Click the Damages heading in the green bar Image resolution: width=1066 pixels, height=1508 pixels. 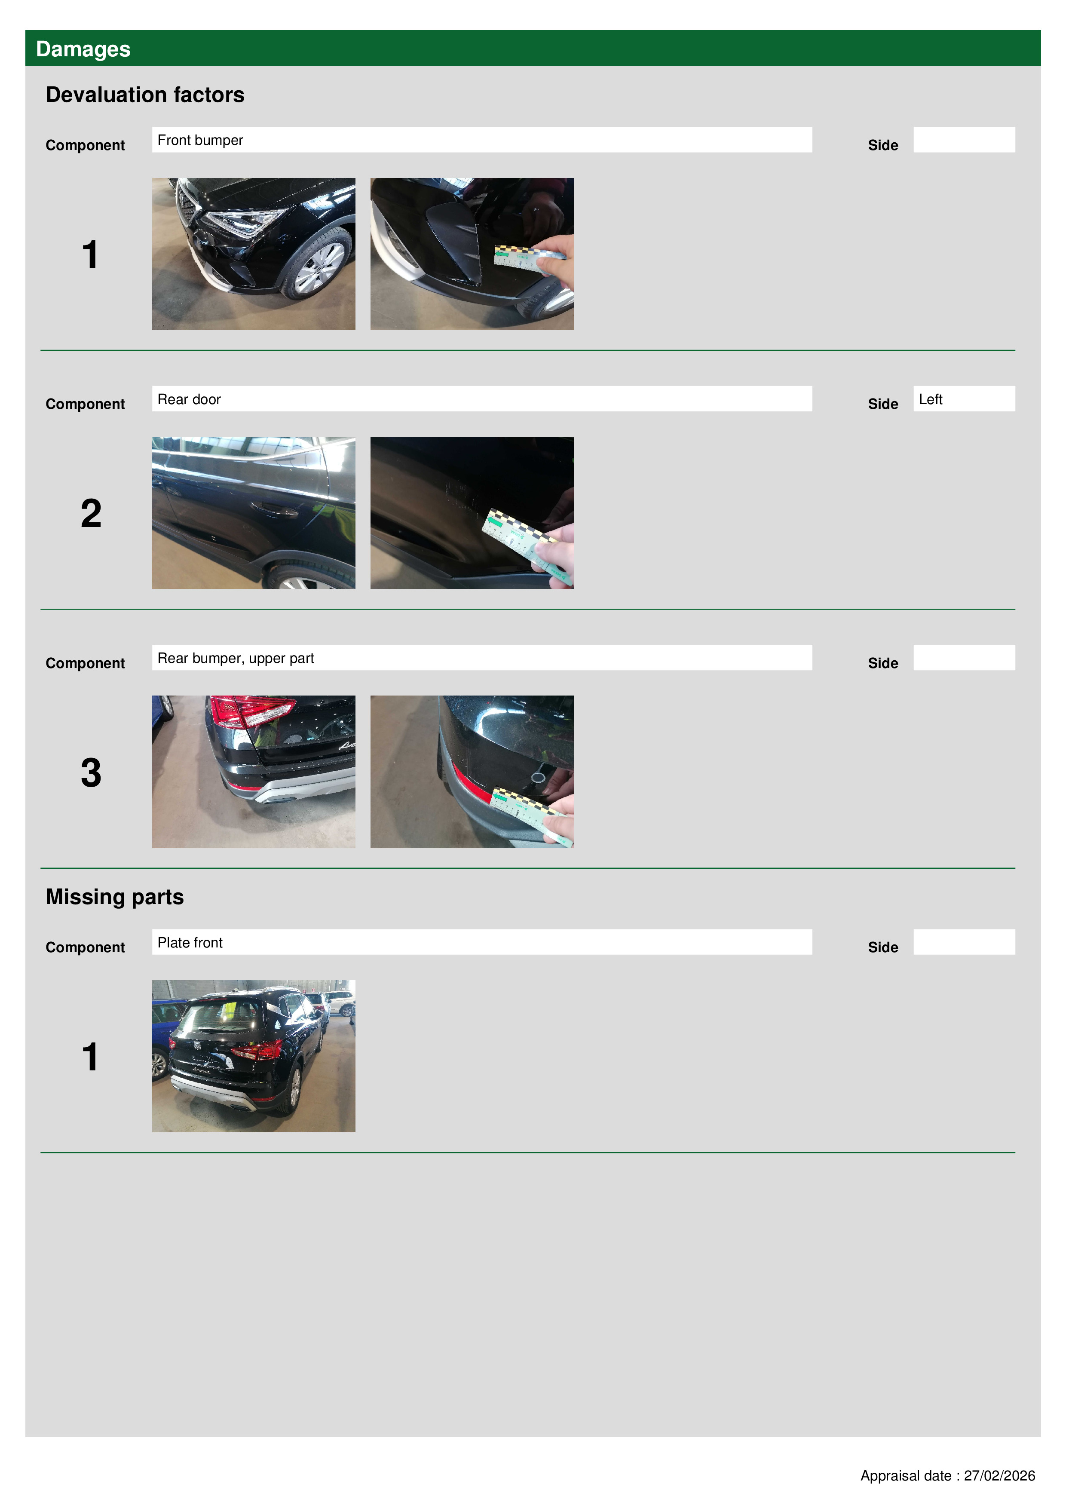[x=83, y=49]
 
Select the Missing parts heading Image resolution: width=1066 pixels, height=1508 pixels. [x=114, y=897]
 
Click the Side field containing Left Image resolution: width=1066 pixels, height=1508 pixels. [x=964, y=398]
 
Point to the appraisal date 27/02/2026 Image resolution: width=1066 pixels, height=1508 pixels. [x=999, y=1475]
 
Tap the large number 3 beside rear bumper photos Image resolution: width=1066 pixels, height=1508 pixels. [x=91, y=772]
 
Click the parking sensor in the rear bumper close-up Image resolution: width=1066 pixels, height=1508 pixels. [x=537, y=778]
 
